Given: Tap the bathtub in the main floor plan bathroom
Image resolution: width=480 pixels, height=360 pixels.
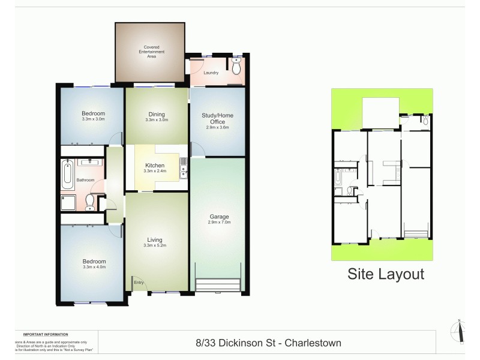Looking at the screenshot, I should (x=67, y=173).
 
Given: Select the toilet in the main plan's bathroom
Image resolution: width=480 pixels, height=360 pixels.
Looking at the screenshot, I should (x=90, y=200).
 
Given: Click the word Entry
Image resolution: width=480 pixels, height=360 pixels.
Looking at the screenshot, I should (x=139, y=283).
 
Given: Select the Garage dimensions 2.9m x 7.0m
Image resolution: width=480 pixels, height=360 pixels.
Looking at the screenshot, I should (x=219, y=223).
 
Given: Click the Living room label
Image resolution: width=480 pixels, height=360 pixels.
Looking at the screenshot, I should (x=155, y=240).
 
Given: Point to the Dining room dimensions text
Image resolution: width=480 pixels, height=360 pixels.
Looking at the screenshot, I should (x=157, y=120).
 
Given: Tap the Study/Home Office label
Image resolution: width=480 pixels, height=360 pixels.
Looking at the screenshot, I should (x=217, y=118).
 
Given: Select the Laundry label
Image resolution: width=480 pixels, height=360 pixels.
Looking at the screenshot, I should (x=211, y=73).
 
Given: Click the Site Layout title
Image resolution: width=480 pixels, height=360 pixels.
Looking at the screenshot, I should (x=386, y=274).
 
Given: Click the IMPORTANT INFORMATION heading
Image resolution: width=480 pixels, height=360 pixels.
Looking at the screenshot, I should (x=45, y=334).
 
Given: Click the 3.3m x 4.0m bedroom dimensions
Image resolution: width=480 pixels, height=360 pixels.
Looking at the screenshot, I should (x=94, y=268).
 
